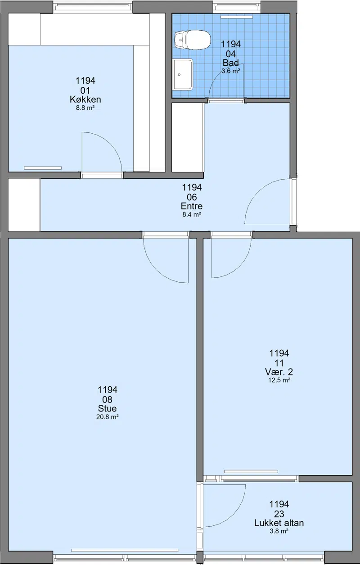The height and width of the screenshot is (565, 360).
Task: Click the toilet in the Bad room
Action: point(192,40)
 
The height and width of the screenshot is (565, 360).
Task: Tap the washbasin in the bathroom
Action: point(183,74)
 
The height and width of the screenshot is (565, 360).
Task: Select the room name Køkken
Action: point(85,99)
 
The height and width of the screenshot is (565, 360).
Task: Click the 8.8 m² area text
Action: point(85,108)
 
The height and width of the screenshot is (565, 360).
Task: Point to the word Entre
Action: point(192,206)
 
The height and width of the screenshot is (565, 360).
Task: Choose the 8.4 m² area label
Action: point(192,215)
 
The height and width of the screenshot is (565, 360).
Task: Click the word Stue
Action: point(108,408)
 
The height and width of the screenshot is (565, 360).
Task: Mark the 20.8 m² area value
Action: point(108,417)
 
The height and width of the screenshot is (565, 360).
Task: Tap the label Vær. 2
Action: point(279,372)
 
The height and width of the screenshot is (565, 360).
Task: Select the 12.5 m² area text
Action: point(279,380)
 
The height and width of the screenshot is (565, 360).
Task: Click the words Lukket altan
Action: point(279,523)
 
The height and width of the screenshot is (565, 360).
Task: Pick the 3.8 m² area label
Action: point(279,531)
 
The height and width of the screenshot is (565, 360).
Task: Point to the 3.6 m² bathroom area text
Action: point(231,71)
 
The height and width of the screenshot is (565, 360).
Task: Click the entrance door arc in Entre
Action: point(255,192)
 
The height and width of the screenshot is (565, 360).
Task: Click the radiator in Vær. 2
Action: point(251,471)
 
